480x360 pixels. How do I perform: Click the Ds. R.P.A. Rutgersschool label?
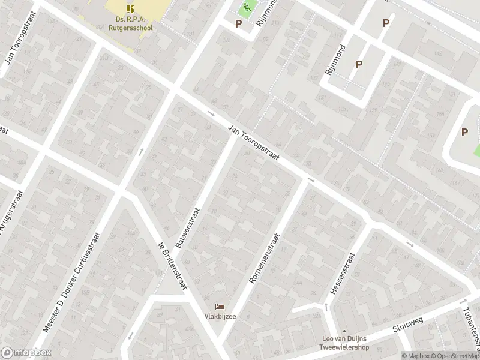[x=130, y=23]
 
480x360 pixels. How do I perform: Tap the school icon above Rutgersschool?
[x=130, y=8]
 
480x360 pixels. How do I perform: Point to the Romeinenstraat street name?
[x=265, y=259]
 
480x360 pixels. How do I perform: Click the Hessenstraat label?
[x=342, y=273]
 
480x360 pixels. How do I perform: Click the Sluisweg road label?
[x=408, y=325]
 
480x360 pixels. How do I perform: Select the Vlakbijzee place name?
[x=218, y=317]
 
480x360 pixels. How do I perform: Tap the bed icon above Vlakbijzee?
[x=218, y=307]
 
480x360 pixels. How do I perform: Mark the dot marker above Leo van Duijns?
[x=345, y=331]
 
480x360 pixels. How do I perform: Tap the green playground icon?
[x=245, y=9]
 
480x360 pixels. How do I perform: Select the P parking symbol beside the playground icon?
[x=238, y=24]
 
